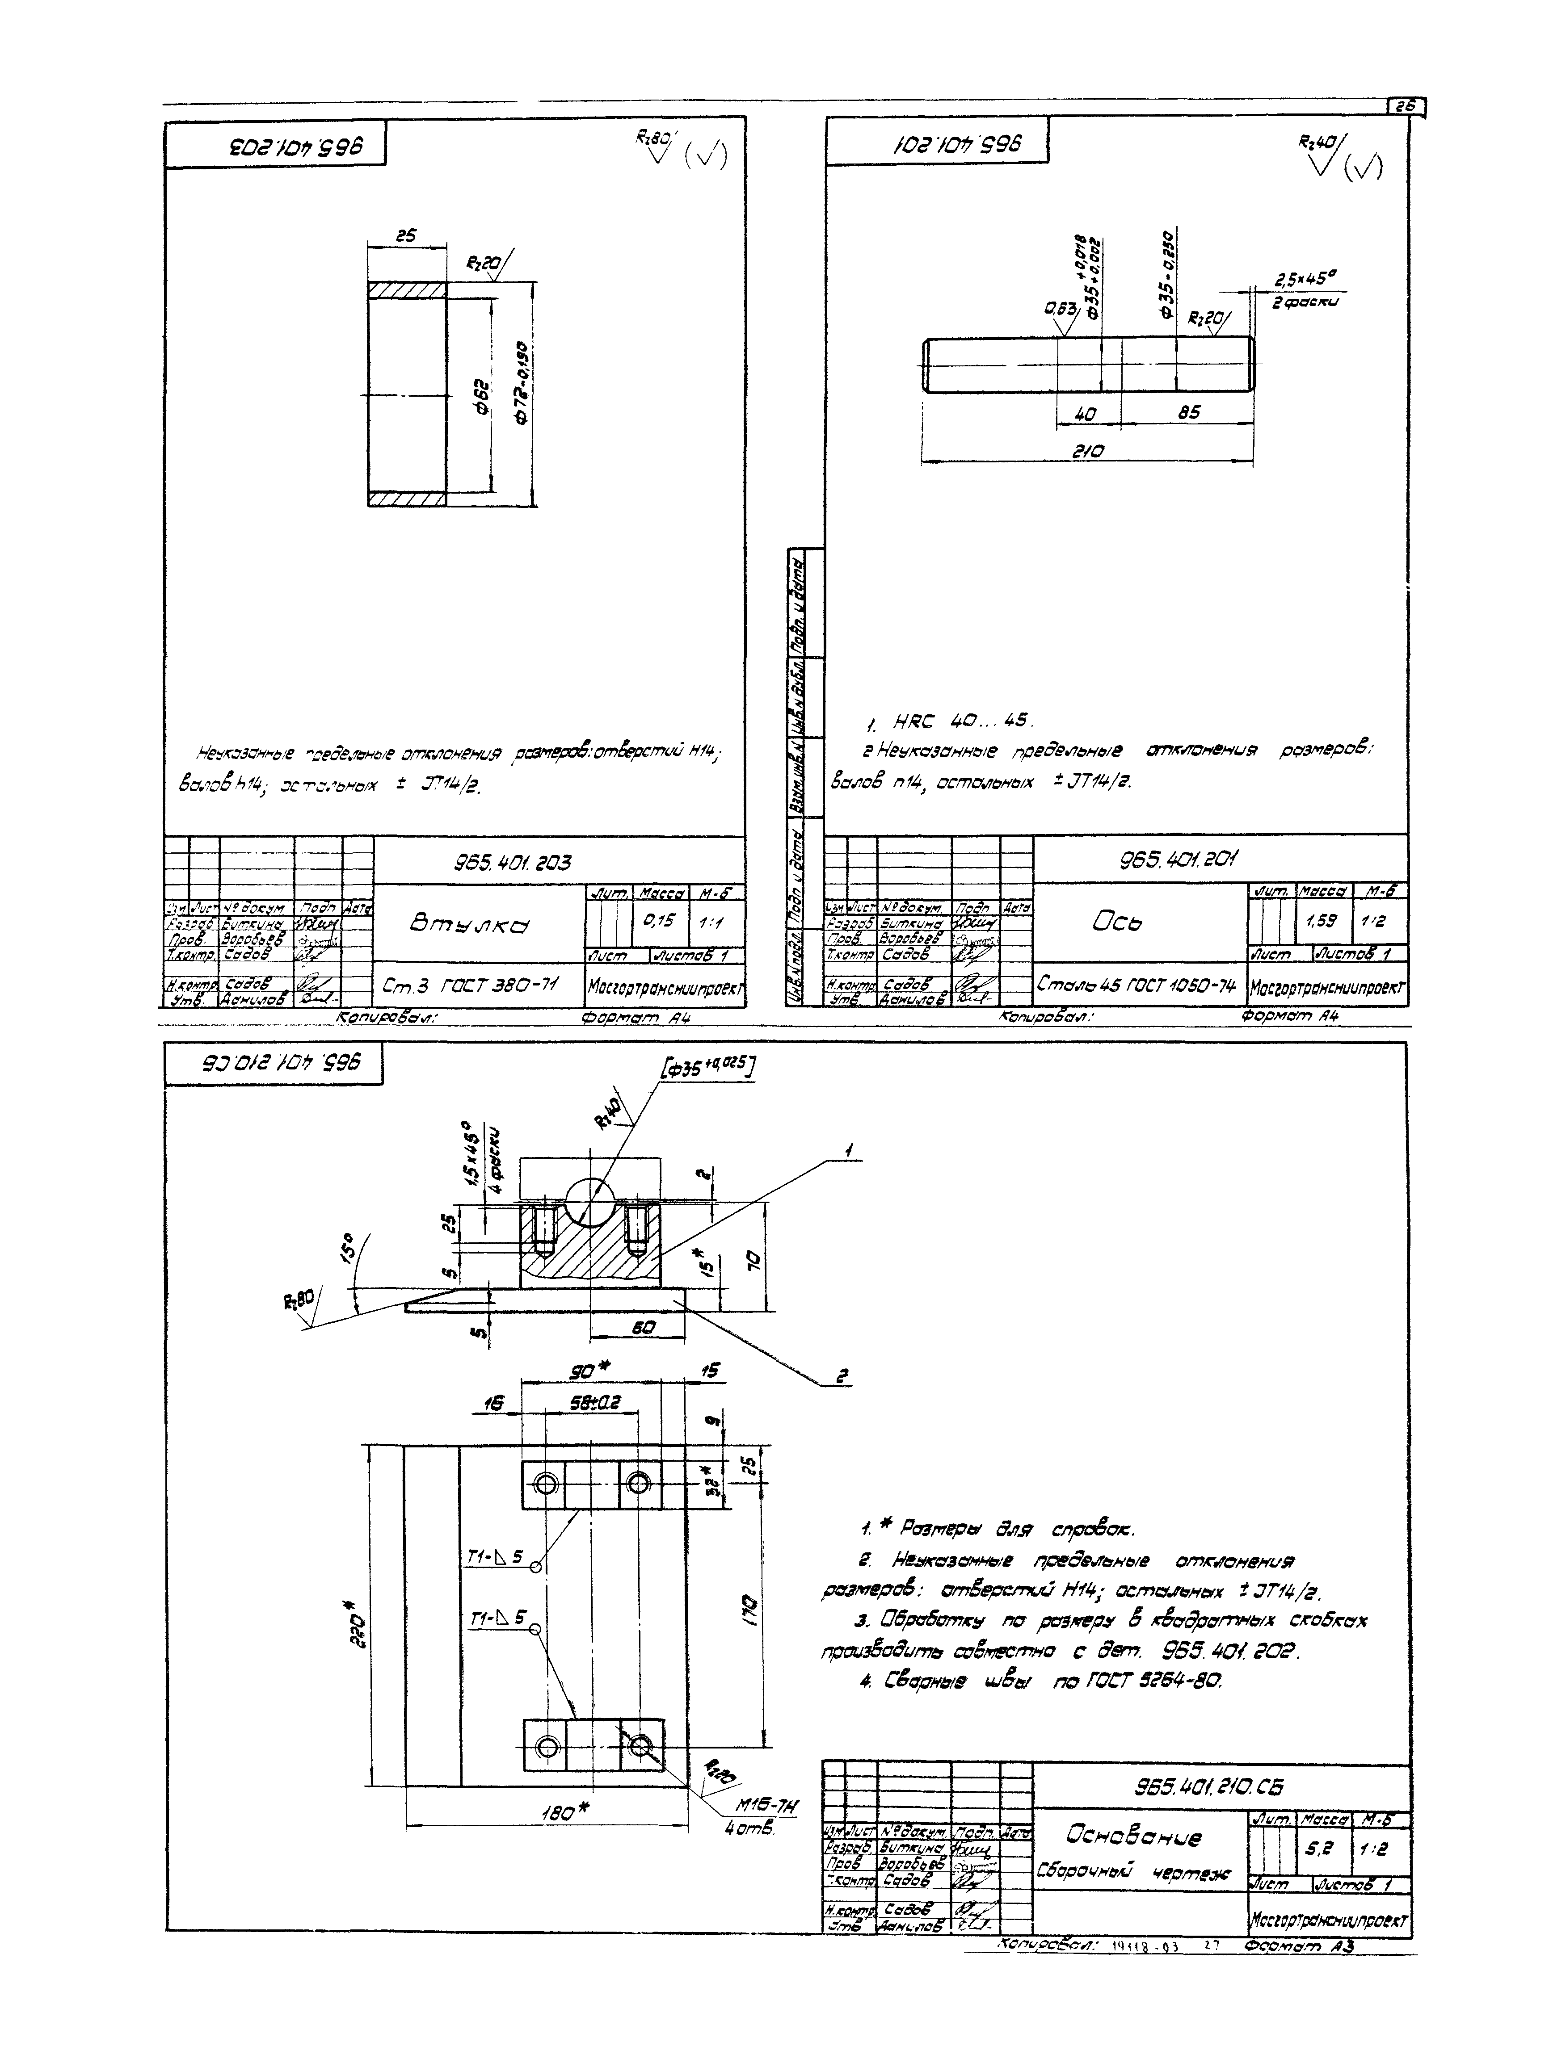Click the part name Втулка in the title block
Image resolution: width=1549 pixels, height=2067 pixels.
(x=467, y=924)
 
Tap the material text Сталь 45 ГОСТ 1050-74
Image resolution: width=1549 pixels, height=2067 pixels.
(x=1135, y=984)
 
